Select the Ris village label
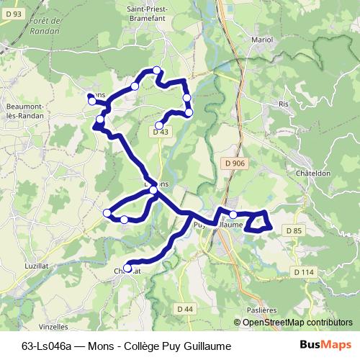click(283, 104)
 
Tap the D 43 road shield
click(161, 132)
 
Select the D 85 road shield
click(292, 230)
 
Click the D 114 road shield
click(305, 271)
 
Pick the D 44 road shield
click(185, 309)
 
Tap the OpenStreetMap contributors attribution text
click(297, 323)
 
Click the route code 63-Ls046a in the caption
click(49, 346)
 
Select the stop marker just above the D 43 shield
click(159, 125)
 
